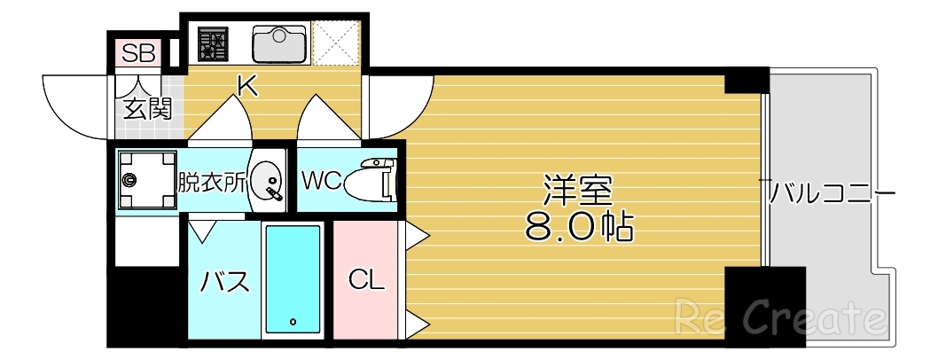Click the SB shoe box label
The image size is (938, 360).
pyautogui.click(x=137, y=51)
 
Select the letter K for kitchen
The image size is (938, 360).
pyautogui.click(x=246, y=85)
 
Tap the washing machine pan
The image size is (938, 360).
pyautogui.click(x=145, y=181)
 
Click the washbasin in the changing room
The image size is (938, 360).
pyautogui.click(x=267, y=183)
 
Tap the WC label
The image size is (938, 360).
pyautogui.click(x=320, y=181)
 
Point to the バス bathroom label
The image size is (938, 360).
pyautogui.click(x=224, y=282)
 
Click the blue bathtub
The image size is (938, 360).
pyautogui.click(x=292, y=279)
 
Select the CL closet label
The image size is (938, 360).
pyautogui.click(x=366, y=280)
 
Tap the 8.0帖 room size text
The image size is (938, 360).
pyautogui.click(x=579, y=228)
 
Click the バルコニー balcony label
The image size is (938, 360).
pyautogui.click(x=828, y=192)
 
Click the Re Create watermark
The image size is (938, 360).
pyautogui.click(x=780, y=317)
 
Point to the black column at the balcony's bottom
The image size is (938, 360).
pyautogui.click(x=764, y=305)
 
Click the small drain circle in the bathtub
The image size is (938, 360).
pyautogui.click(x=292, y=322)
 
